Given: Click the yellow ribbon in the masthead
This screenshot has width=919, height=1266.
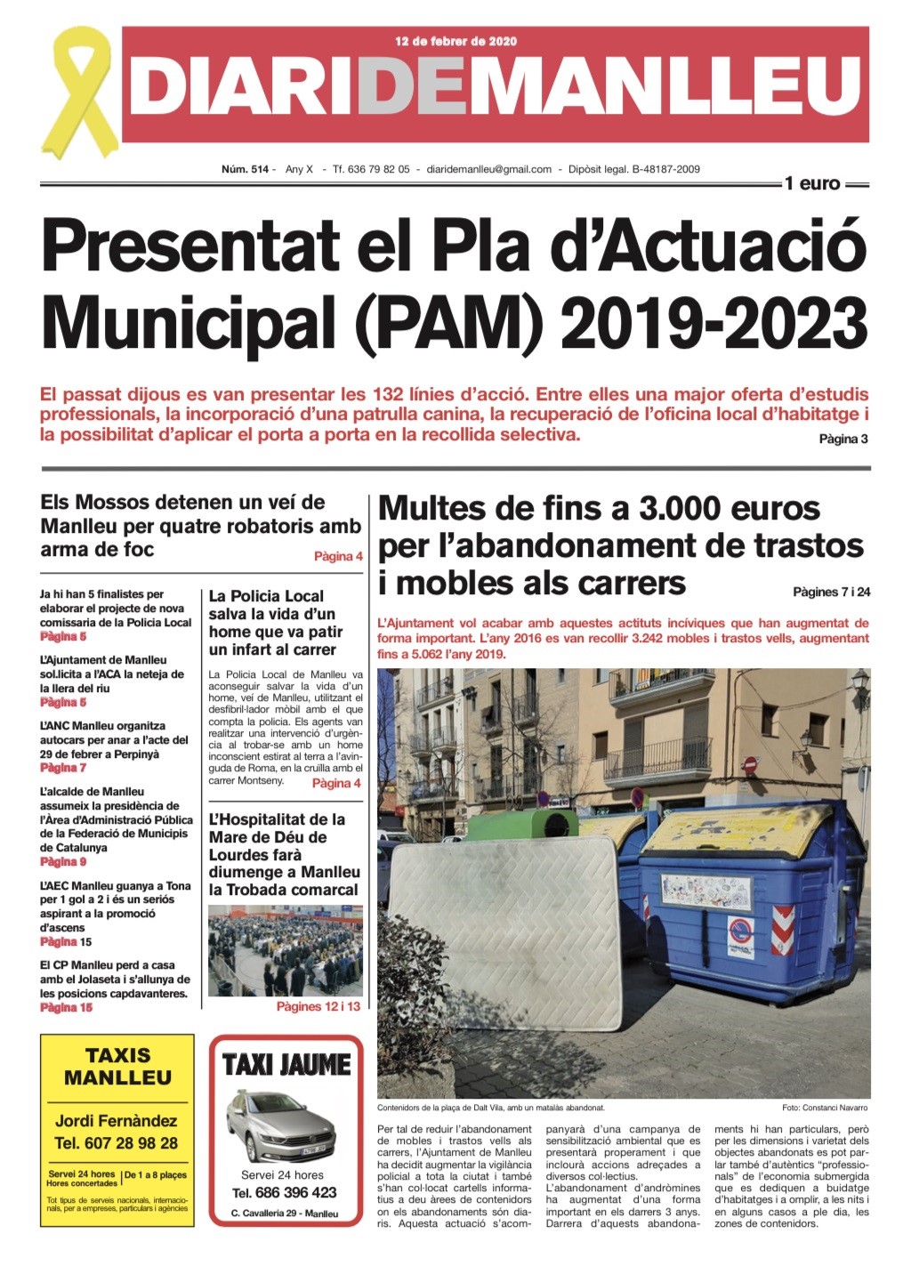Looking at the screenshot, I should pyautogui.click(x=81, y=93).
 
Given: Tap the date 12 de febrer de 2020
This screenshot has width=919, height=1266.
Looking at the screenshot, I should pyautogui.click(x=455, y=41).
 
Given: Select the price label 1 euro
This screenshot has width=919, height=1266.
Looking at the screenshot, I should pyautogui.click(x=811, y=184).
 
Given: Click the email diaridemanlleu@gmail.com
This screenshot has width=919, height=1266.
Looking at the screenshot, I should pyautogui.click(x=489, y=169).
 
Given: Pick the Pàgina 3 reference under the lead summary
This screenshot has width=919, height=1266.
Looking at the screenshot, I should pyautogui.click(x=842, y=439).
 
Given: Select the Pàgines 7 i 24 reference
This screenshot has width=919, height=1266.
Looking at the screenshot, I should pyautogui.click(x=831, y=592).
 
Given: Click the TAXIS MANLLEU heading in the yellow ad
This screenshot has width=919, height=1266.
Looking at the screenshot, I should pyautogui.click(x=117, y=1067).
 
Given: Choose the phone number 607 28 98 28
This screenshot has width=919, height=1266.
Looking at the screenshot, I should pyautogui.click(x=116, y=1143).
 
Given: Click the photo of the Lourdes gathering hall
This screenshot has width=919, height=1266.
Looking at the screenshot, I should pyautogui.click(x=285, y=950).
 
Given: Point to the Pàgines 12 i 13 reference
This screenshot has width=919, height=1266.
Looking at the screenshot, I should pyautogui.click(x=318, y=1006).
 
